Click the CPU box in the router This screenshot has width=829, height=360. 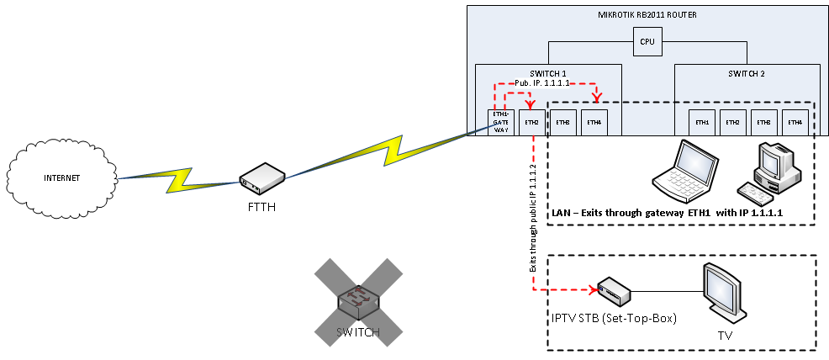pyautogui.click(x=647, y=41)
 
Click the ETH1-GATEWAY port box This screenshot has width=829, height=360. pyautogui.click(x=500, y=121)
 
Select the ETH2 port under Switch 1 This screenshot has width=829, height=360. pyautogui.click(x=531, y=122)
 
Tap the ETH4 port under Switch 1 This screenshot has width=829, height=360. pyautogui.click(x=594, y=122)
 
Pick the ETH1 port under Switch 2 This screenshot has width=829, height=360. pyautogui.click(x=702, y=122)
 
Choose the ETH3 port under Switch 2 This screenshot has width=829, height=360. pyautogui.click(x=763, y=122)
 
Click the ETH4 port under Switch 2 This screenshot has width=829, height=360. pyautogui.click(x=795, y=122)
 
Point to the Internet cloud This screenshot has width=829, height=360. pyautogui.click(x=61, y=177)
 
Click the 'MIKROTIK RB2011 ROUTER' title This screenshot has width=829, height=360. pyautogui.click(x=646, y=15)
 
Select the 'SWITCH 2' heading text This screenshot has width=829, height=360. pyautogui.click(x=746, y=74)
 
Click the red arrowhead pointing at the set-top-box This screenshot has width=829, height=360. pyautogui.click(x=594, y=292)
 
